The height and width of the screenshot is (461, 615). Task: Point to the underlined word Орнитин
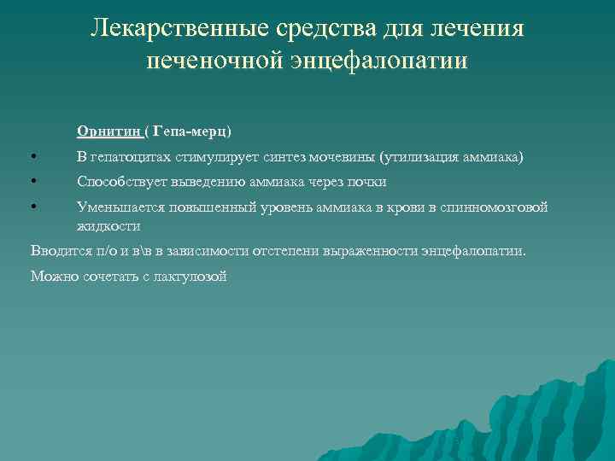coord(108,131)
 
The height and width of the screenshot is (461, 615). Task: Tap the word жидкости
coord(108,226)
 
